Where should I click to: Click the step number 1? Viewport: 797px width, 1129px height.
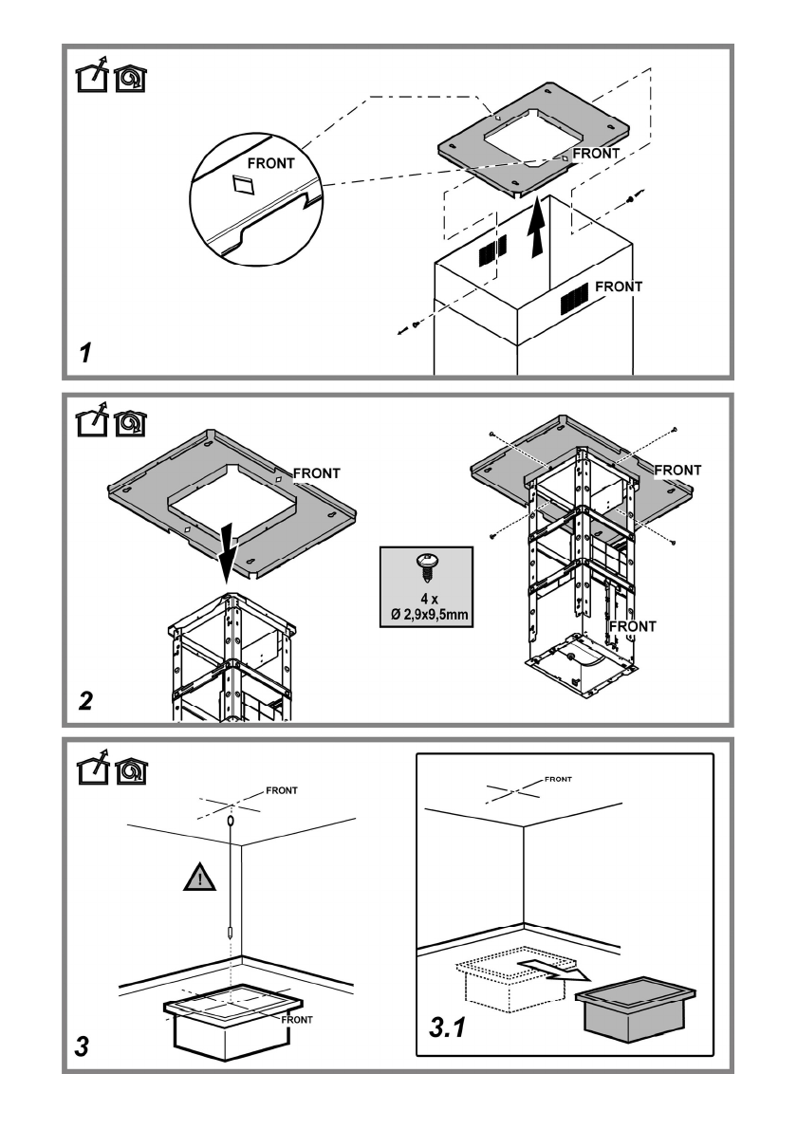pos(85,353)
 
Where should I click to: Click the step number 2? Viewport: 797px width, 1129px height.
pos(85,700)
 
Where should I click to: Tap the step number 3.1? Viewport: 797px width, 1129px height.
pos(447,1027)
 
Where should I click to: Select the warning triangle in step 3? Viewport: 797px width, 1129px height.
pos(199,878)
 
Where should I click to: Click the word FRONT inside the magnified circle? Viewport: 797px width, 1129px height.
pos(270,163)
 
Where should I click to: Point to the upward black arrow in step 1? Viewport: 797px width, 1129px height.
pos(536,230)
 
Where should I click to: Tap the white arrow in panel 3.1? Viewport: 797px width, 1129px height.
pos(553,970)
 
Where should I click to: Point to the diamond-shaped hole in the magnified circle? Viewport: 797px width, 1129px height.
pos(243,184)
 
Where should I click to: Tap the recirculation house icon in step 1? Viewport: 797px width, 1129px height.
pos(130,79)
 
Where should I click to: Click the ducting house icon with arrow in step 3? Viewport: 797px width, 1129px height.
pos(92,768)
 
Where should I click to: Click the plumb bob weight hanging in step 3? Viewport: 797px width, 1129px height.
pos(230,933)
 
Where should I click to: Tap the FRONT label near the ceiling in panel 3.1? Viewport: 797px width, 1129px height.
pos(558,779)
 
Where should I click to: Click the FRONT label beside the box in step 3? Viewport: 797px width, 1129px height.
pos(297,1020)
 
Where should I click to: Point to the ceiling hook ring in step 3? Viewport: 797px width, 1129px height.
pos(231,821)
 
